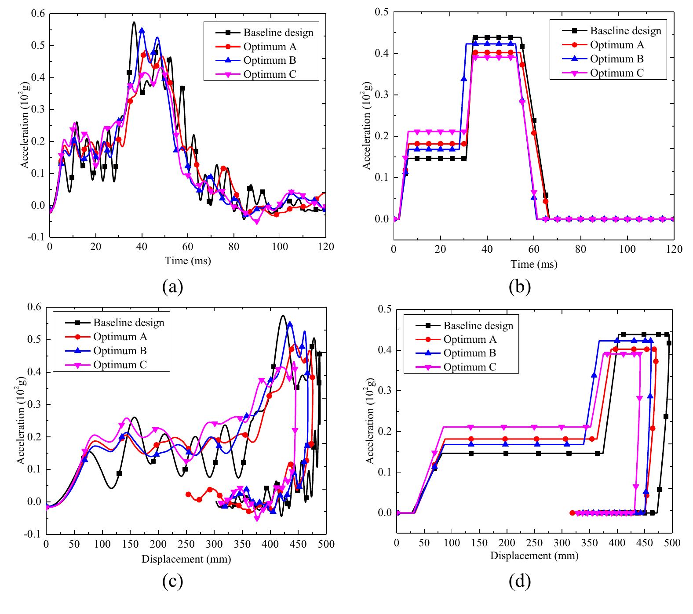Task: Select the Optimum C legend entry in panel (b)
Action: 616,73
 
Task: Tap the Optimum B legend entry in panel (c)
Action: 120,351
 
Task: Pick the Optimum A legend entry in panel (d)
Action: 470,339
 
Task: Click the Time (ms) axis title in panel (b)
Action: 533,264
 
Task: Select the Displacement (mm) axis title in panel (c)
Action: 186,559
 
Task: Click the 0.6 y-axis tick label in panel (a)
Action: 38,14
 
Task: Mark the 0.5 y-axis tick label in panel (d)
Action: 385,309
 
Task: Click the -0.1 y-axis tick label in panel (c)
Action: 34,534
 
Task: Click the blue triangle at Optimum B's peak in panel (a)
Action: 142,30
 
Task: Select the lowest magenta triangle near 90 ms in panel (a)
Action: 256,222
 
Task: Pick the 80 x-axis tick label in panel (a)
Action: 233,247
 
